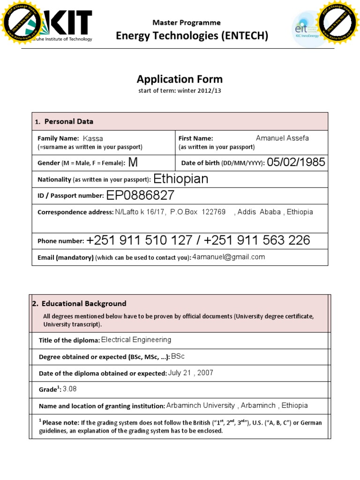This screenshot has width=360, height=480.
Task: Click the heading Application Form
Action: pyautogui.click(x=180, y=79)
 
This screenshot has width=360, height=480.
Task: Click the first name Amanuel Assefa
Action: pyautogui.click(x=282, y=138)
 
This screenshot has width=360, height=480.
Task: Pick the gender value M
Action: pyautogui.click(x=133, y=163)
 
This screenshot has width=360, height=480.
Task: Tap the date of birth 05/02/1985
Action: pyautogui.click(x=296, y=162)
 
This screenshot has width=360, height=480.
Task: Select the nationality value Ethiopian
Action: pyautogui.click(x=181, y=179)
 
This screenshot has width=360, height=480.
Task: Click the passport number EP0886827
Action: pyautogui.click(x=140, y=195)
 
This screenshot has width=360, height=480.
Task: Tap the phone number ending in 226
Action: pyautogui.click(x=257, y=240)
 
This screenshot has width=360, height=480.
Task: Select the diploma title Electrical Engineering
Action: pyautogui.click(x=136, y=340)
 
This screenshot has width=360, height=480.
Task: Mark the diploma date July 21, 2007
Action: pyautogui.click(x=190, y=373)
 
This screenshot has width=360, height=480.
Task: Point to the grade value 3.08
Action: pyautogui.click(x=70, y=389)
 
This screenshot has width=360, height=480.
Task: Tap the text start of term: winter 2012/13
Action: pyautogui.click(x=180, y=91)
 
